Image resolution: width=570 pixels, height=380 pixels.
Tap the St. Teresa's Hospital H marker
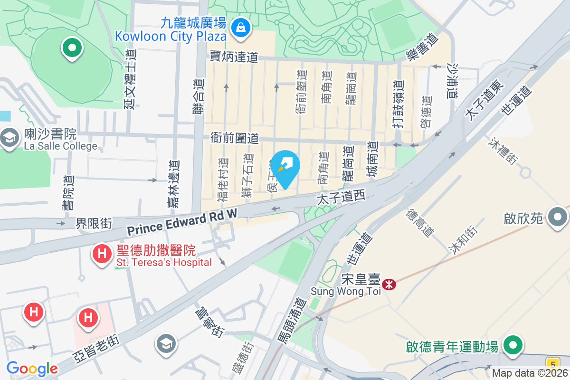[102, 254]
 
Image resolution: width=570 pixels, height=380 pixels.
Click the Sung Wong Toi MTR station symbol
[389, 284]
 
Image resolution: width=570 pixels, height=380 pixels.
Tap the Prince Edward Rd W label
[182, 223]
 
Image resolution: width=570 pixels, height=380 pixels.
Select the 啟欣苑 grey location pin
[557, 218]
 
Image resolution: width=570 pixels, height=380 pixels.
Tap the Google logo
[32, 369]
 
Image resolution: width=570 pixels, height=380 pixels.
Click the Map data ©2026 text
[530, 373]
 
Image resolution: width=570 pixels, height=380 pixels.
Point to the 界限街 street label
[94, 223]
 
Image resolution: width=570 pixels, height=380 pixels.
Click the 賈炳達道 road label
[234, 57]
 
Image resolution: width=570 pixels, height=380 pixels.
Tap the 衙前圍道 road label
[235, 138]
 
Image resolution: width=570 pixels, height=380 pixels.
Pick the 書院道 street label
[68, 193]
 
